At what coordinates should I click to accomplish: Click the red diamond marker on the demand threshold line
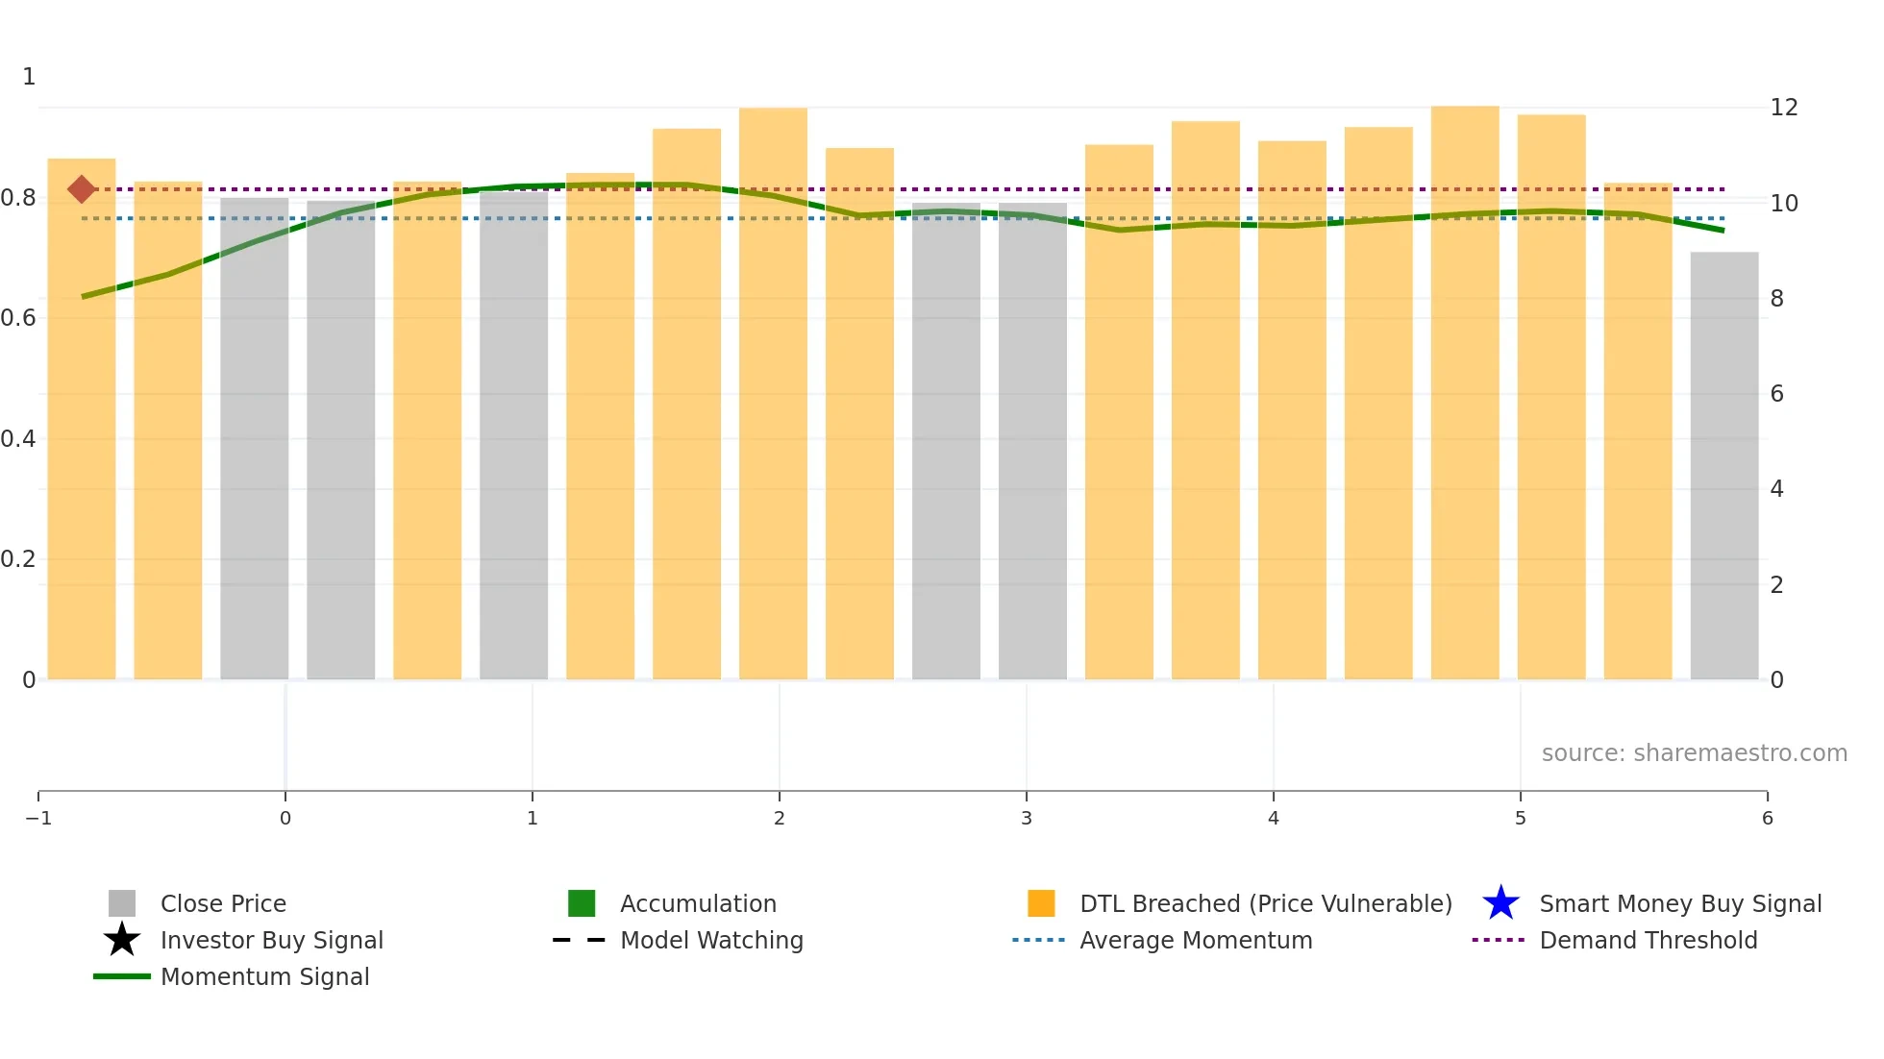coord(82,189)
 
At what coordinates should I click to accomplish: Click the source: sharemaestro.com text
coord(1694,752)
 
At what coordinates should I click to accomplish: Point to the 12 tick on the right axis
coord(1783,108)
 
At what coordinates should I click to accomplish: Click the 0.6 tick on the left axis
coord(18,318)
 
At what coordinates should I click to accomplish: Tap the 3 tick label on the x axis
coord(1027,818)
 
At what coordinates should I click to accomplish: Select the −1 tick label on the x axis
coord(38,818)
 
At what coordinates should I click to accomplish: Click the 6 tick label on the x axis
coord(1767,818)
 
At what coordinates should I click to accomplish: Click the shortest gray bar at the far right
coord(1724,466)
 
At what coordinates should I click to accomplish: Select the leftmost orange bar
coord(82,419)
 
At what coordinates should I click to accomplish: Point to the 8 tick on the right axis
coord(1776,299)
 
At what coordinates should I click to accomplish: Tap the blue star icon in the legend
coord(1500,903)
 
